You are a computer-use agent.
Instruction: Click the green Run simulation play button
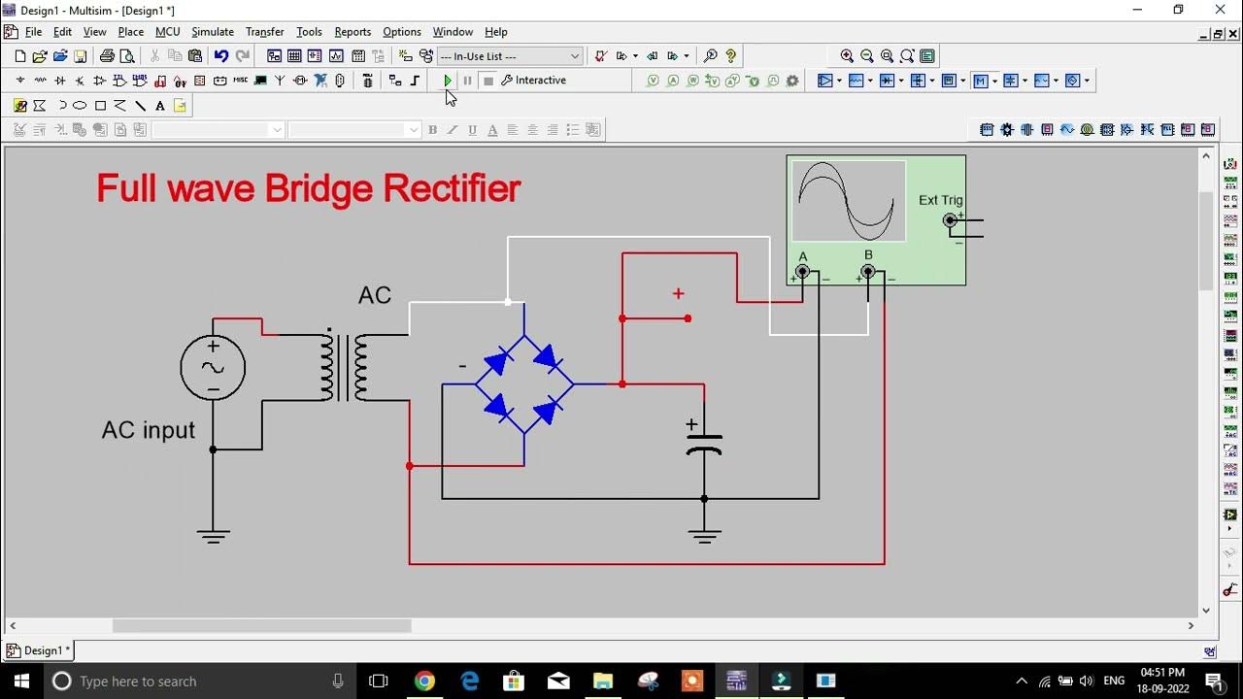tap(447, 81)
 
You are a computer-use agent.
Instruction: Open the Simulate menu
tap(212, 32)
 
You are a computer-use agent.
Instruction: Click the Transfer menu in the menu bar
tap(264, 32)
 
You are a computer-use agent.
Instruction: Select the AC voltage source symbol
tap(213, 368)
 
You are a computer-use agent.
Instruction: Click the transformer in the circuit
tap(345, 367)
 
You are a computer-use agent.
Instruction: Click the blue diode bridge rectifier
tap(524, 384)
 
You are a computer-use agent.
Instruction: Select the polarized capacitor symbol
tap(704, 443)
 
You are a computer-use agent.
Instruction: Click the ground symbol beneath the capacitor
tap(704, 534)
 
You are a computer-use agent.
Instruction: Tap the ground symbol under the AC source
tap(213, 534)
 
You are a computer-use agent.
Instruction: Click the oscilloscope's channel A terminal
tap(802, 272)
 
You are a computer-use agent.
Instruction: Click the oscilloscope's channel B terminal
tap(868, 272)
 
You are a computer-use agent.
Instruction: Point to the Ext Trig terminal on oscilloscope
tap(950, 220)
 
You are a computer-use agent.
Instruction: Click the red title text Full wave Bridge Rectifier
tap(309, 188)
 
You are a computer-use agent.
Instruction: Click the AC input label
tap(149, 430)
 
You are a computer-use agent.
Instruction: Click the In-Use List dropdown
tap(510, 56)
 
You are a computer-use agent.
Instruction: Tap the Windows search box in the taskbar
tap(194, 682)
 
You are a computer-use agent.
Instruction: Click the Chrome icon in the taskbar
tap(424, 682)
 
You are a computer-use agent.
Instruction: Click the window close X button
tap(1220, 10)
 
